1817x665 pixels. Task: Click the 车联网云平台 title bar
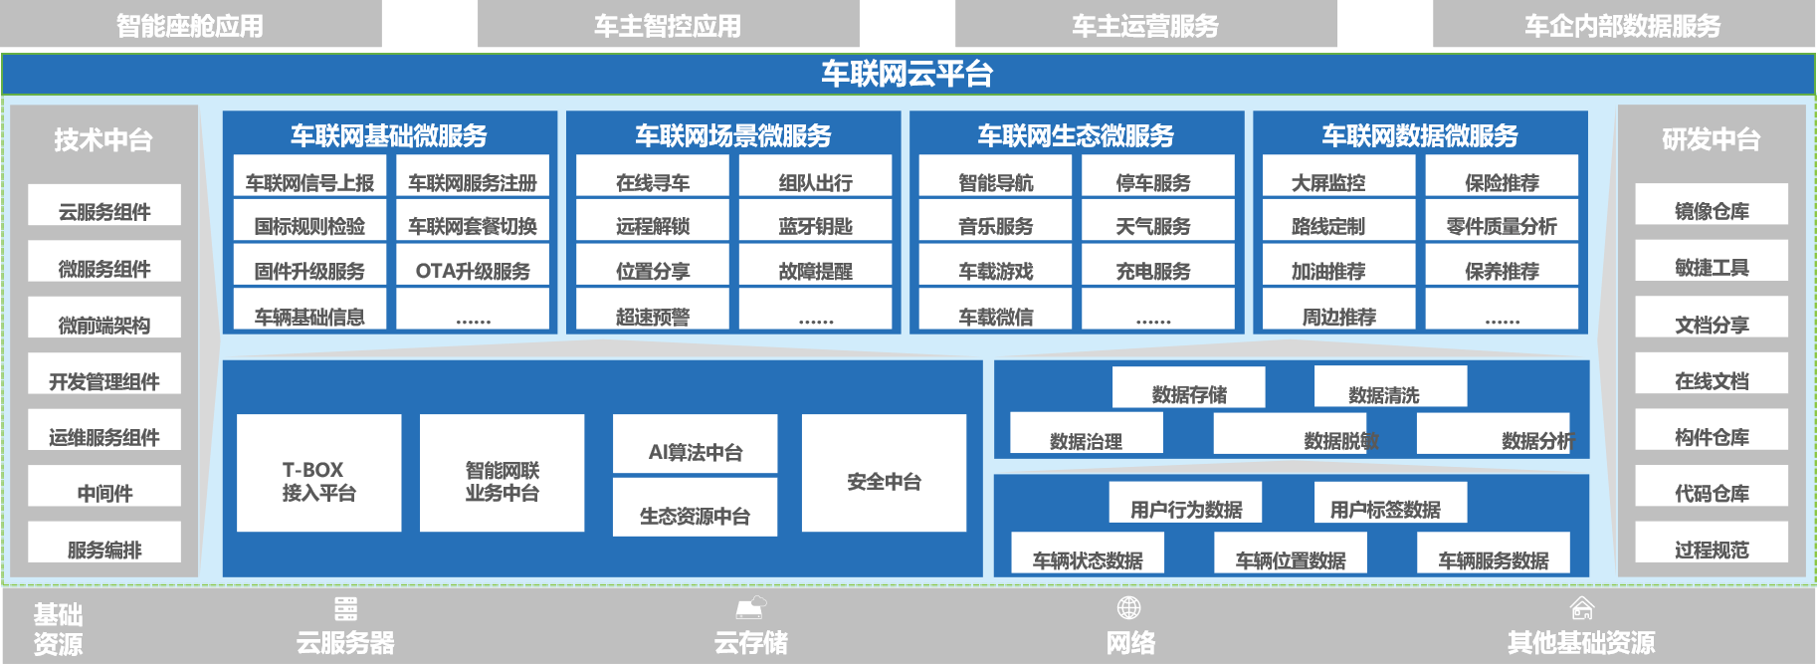pos(908,74)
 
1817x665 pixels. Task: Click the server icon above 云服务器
pos(345,608)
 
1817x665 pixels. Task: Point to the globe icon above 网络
pos(1128,607)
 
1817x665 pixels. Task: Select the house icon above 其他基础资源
pos(1581,607)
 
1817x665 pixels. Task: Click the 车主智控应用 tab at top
pos(668,25)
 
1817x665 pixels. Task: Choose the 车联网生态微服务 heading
pos(1076,135)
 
